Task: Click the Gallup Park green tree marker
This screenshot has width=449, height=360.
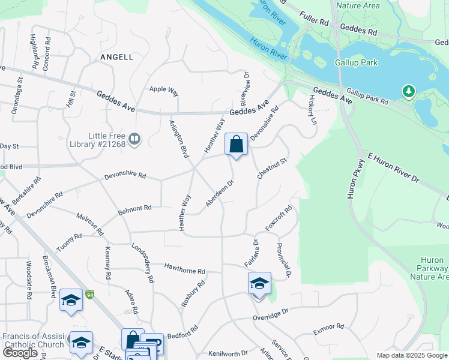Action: pos(409,91)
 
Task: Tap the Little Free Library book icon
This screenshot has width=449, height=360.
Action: pos(135,140)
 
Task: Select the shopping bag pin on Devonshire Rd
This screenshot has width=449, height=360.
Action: pos(237,145)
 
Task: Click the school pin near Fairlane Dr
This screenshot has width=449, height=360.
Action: pos(259,284)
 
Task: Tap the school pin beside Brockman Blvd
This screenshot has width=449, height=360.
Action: pos(71,300)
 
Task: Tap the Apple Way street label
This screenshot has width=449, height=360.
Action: pos(164,90)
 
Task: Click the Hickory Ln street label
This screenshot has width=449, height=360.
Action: pos(312,109)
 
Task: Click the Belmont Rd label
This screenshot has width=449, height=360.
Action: pos(134,209)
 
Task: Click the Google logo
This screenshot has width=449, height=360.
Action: pos(20,353)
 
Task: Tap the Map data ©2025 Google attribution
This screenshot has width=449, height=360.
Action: pos(411,355)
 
